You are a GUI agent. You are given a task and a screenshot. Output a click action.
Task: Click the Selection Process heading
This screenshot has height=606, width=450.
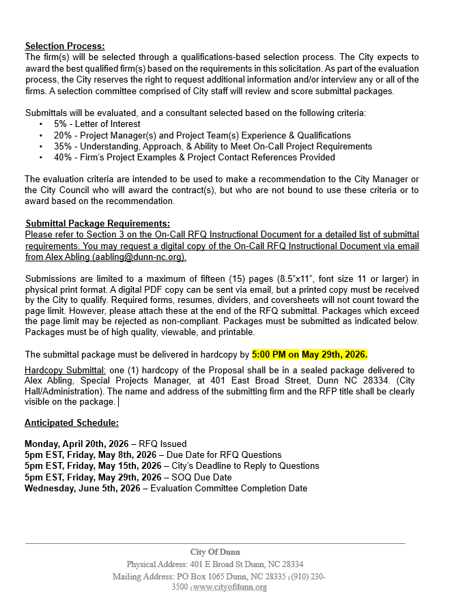point(65,46)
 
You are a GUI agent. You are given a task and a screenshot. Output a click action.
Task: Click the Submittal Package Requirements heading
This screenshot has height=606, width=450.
point(98,223)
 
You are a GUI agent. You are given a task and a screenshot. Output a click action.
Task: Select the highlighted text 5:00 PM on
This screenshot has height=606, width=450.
point(276,355)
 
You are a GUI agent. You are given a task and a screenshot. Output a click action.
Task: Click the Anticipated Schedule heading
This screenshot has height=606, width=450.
point(71,423)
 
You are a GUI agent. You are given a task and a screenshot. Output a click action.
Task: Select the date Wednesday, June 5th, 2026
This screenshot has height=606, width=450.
point(82,489)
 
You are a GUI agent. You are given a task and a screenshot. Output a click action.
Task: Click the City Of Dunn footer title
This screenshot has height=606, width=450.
point(215,551)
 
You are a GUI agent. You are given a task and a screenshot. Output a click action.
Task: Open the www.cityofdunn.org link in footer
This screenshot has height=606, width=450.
point(229,587)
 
